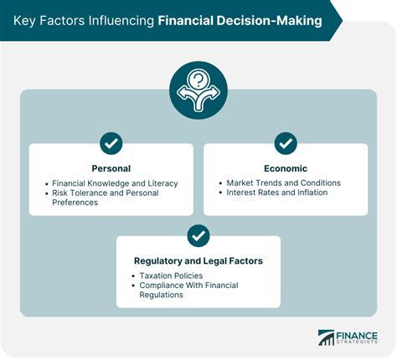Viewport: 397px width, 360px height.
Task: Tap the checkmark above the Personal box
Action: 111,143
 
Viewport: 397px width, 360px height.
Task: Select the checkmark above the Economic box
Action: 286,143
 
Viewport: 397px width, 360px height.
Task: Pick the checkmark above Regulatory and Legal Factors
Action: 198,236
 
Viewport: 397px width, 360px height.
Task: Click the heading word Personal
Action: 111,167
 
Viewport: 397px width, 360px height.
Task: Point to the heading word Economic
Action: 286,167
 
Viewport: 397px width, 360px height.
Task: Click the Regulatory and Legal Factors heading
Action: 198,260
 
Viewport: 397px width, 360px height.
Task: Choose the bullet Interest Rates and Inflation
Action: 277,193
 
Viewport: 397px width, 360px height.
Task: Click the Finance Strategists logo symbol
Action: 326,337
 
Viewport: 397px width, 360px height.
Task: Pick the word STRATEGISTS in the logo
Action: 358,342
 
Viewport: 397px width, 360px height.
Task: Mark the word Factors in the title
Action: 65,21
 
